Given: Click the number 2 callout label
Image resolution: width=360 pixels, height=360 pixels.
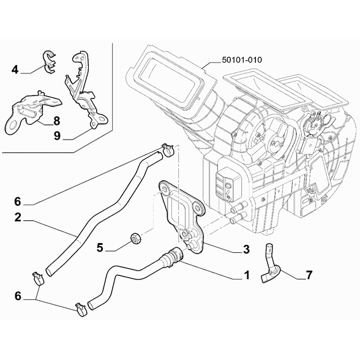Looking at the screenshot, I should (x=18, y=217).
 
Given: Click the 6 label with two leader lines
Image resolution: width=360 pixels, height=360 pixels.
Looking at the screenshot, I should (x=18, y=296).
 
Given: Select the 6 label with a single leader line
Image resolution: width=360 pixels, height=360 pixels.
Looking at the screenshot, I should (x=18, y=200).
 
